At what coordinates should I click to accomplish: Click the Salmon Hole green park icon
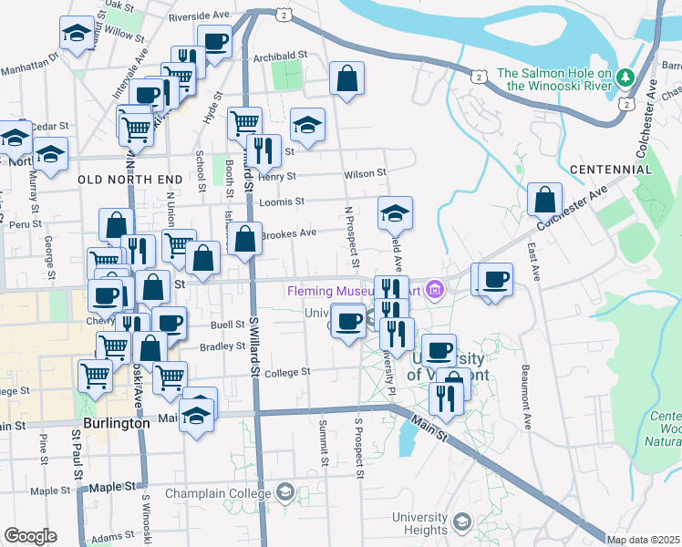pyautogui.click(x=625, y=76)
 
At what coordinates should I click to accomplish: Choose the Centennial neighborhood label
pyautogui.click(x=610, y=170)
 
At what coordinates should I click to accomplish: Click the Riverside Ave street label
pyautogui.click(x=201, y=15)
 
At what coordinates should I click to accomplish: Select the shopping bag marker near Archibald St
pyautogui.click(x=347, y=79)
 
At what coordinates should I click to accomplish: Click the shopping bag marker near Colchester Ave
pyautogui.click(x=544, y=199)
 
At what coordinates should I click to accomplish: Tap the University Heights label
pyautogui.click(x=418, y=523)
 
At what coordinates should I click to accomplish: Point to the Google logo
pyautogui.click(x=30, y=536)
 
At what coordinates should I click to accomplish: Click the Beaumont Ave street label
pyautogui.click(x=526, y=397)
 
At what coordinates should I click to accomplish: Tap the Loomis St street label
pyautogui.click(x=282, y=201)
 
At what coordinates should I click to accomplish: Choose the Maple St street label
pyautogui.click(x=50, y=490)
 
